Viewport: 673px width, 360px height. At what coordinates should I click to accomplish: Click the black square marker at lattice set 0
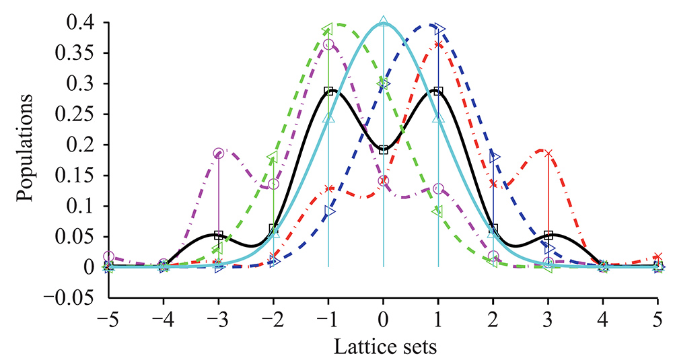(384, 149)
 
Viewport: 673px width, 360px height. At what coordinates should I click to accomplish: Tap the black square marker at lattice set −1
(328, 91)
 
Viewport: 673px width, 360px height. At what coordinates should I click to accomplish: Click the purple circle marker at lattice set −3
(218, 153)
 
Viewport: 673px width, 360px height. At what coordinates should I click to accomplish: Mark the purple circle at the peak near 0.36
(328, 44)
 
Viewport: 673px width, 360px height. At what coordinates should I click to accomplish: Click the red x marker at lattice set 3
(548, 153)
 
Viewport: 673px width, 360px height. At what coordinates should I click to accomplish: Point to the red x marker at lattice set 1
(438, 44)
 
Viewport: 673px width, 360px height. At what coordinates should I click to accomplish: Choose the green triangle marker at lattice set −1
(327, 28)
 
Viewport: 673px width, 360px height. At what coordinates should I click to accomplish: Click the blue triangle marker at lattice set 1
(440, 28)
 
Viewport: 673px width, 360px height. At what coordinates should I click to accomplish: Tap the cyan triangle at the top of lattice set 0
(384, 20)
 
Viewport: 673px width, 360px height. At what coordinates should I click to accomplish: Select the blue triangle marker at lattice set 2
(495, 157)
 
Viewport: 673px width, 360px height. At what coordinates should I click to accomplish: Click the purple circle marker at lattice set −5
(109, 256)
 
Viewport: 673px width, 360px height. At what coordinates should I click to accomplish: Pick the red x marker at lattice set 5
(658, 256)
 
